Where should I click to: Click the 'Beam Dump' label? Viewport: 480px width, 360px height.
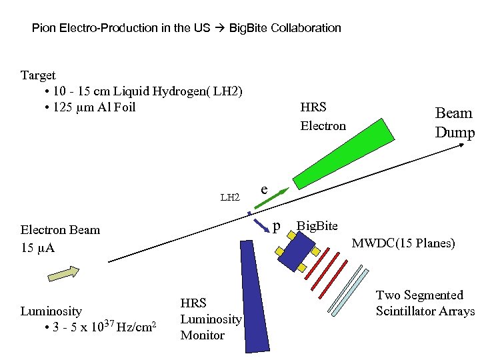454,123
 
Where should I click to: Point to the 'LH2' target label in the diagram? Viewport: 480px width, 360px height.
230,197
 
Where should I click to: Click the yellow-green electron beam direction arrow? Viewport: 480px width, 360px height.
63,273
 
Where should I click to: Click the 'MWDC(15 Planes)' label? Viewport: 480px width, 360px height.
403,243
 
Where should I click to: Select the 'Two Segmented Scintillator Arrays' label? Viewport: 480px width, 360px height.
425,303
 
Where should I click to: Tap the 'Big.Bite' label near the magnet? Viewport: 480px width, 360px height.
317,226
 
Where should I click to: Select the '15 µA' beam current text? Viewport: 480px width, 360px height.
37,248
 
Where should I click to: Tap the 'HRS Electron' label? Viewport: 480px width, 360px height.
323,116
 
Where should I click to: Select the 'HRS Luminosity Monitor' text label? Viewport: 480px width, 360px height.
211,319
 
